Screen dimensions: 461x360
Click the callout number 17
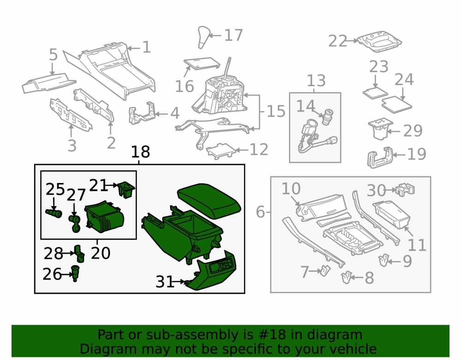point(233,35)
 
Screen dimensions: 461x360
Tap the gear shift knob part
point(204,37)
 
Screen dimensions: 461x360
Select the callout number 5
point(53,55)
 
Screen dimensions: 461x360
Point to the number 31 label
point(165,282)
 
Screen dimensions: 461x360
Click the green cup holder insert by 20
point(104,216)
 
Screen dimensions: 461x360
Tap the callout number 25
point(55,189)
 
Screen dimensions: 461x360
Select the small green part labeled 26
point(76,273)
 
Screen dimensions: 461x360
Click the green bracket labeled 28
point(79,254)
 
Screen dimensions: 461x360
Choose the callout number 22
point(338,41)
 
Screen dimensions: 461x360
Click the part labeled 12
point(221,151)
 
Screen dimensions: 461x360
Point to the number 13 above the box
point(316,81)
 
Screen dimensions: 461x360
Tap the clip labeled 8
point(346,277)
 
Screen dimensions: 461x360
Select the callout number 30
point(376,190)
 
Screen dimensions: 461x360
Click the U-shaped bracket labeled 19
point(380,157)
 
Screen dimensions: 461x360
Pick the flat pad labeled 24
point(396,104)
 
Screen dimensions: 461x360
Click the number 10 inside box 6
point(291,189)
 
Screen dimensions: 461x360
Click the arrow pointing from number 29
point(394,131)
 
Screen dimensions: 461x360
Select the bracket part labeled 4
point(142,113)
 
